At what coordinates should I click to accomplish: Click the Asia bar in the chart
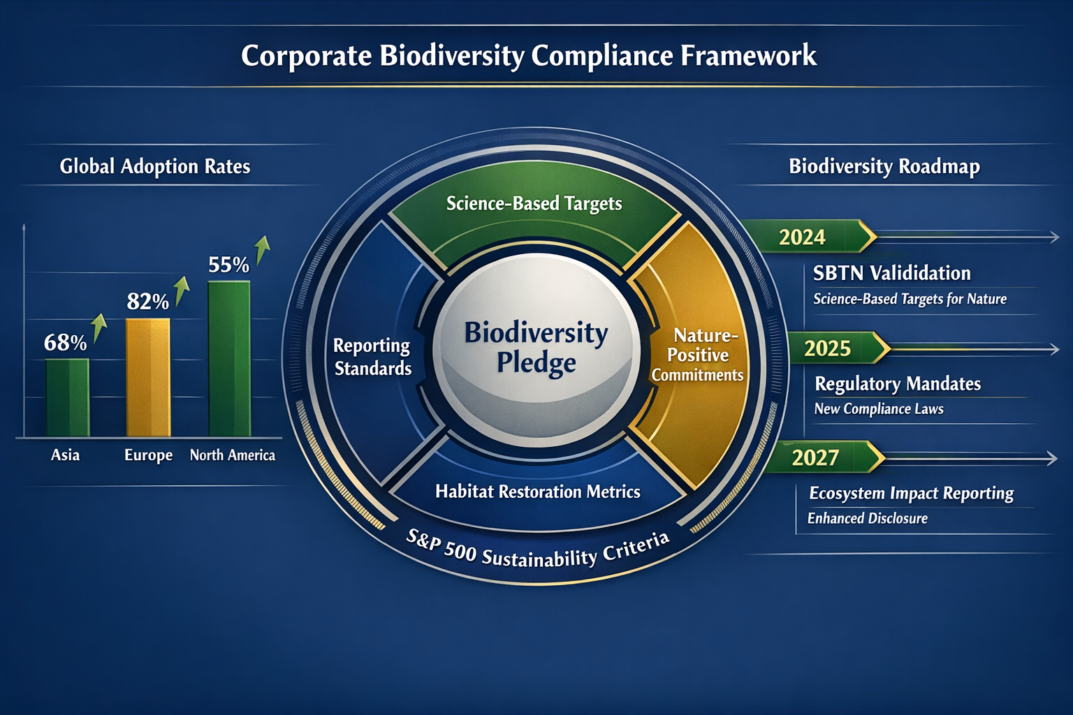point(67,397)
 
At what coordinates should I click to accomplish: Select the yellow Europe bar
point(147,377)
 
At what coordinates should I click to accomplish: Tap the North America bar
point(229,359)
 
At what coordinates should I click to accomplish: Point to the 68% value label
point(65,343)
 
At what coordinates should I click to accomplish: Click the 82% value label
point(147,302)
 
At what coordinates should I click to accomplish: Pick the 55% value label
point(228,265)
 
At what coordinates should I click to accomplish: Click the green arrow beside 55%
point(262,249)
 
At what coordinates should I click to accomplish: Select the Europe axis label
point(148,455)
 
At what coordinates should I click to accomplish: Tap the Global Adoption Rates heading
point(154,166)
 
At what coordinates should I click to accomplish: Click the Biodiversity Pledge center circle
point(536,348)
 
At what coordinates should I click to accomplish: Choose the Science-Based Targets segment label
point(534,203)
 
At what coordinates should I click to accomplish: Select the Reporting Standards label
point(372,357)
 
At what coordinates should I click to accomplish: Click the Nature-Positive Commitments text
point(697,355)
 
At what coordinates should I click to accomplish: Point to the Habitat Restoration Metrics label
point(537,492)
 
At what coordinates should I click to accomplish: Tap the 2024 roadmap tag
point(802,237)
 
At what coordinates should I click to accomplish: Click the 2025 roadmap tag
point(827,348)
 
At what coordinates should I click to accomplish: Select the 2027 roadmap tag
point(815,458)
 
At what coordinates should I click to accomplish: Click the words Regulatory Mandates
point(898,384)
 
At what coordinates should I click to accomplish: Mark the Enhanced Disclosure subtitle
point(867,518)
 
